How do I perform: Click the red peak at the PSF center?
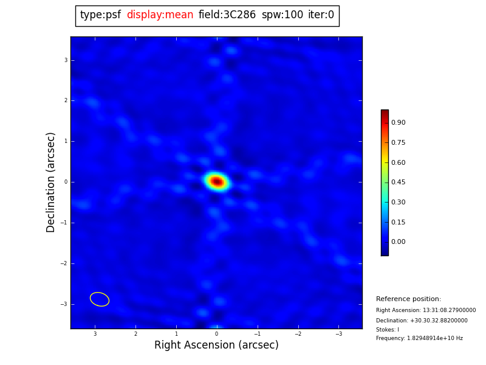tap(216, 181)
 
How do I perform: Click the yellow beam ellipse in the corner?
tap(100, 299)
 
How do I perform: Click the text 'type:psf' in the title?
tap(100, 15)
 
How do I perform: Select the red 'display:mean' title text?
tap(160, 15)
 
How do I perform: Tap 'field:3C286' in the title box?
tap(227, 15)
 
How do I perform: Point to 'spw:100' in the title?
tap(282, 15)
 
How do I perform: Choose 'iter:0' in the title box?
tap(321, 15)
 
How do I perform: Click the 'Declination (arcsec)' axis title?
tap(51, 182)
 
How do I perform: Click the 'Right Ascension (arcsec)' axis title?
tap(216, 346)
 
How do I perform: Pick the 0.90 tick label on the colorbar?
tap(398, 123)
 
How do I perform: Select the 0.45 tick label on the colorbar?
tap(398, 182)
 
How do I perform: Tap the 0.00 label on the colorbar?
tap(398, 242)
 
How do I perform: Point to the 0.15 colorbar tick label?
tap(398, 222)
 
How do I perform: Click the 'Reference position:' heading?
tap(408, 299)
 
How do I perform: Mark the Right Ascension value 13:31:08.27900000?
tap(426, 310)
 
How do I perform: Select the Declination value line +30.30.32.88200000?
tap(422, 321)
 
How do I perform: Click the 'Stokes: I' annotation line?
tap(388, 330)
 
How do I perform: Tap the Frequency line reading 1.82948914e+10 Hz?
tap(419, 338)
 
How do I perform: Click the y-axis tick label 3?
tap(66, 60)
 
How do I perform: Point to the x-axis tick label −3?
tap(339, 334)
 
